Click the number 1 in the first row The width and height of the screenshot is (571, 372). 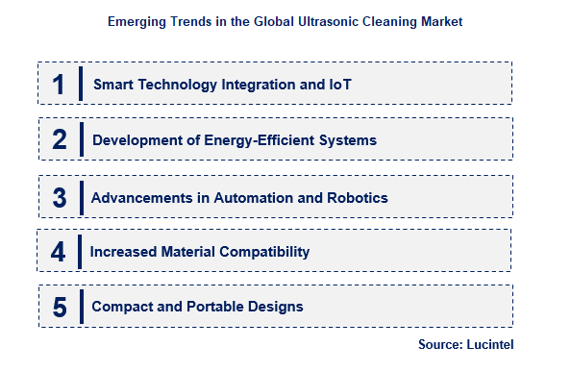[59, 85]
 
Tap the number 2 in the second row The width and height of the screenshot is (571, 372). [60, 140]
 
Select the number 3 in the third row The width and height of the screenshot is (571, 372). [60, 198]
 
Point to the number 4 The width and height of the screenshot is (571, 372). [59, 252]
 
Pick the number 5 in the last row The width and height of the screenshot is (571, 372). [60, 308]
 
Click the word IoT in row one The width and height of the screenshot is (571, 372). [339, 85]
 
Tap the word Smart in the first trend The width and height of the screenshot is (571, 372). [113, 85]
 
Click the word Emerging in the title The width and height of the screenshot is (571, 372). [134, 19]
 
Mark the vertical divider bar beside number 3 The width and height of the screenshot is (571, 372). [82, 197]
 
